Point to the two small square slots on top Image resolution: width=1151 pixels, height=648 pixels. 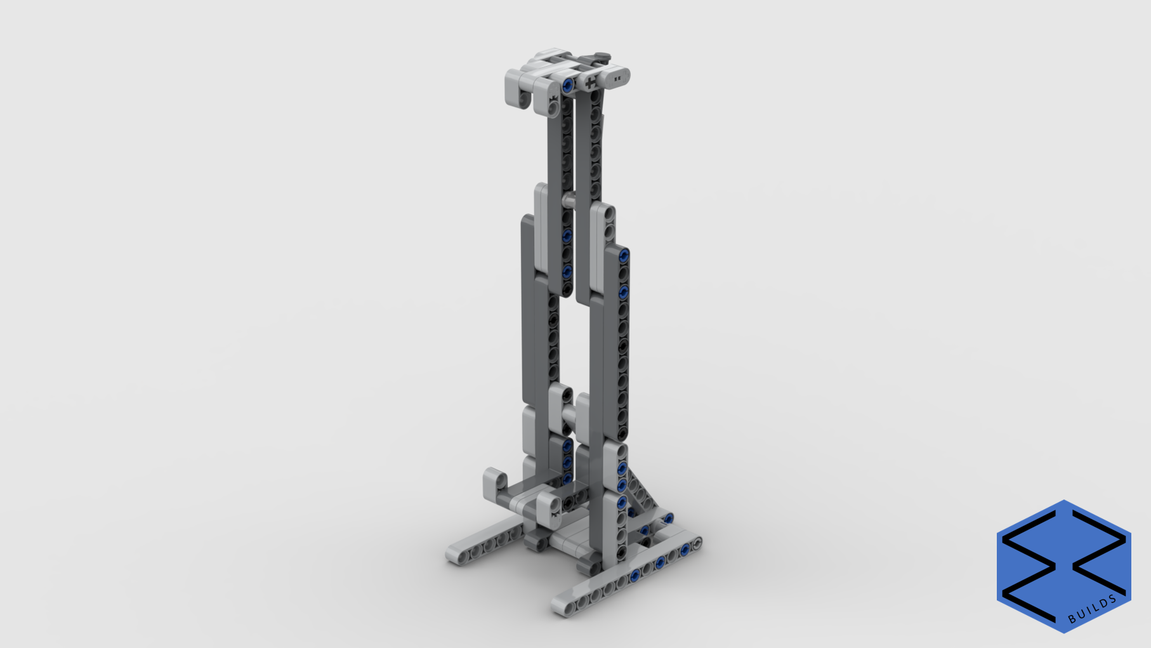(x=617, y=79)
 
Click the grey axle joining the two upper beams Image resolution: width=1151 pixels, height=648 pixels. (x=569, y=200)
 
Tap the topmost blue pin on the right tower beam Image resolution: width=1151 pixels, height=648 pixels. (x=624, y=256)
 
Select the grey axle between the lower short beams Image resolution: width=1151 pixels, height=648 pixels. (x=569, y=416)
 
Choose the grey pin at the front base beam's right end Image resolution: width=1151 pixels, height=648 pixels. (x=697, y=543)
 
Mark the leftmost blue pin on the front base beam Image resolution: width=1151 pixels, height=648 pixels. (x=635, y=576)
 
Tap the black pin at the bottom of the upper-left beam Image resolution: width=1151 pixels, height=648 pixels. (x=567, y=289)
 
